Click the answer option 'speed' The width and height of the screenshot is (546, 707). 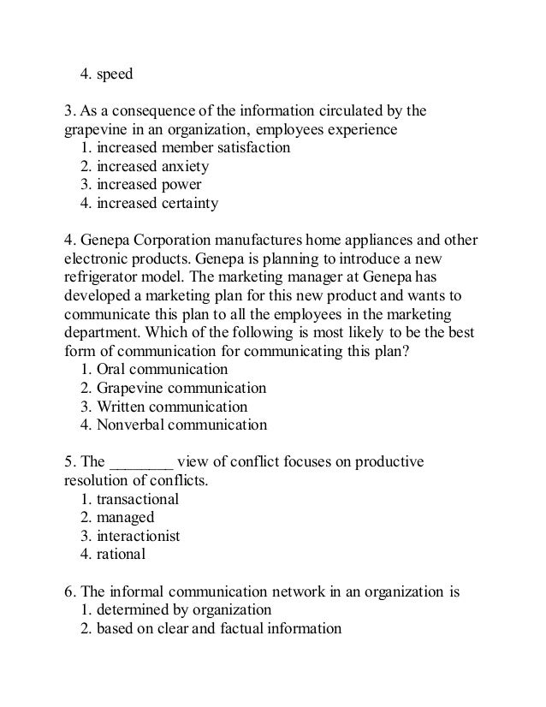tap(114, 74)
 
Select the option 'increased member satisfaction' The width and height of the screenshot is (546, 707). tap(193, 148)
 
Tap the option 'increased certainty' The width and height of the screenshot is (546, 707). tap(157, 204)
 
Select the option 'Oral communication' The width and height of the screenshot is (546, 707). tap(162, 370)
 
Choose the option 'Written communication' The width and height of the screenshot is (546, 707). tap(172, 407)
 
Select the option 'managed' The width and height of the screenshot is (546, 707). tap(125, 517)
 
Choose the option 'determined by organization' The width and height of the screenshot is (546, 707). tap(184, 609)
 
